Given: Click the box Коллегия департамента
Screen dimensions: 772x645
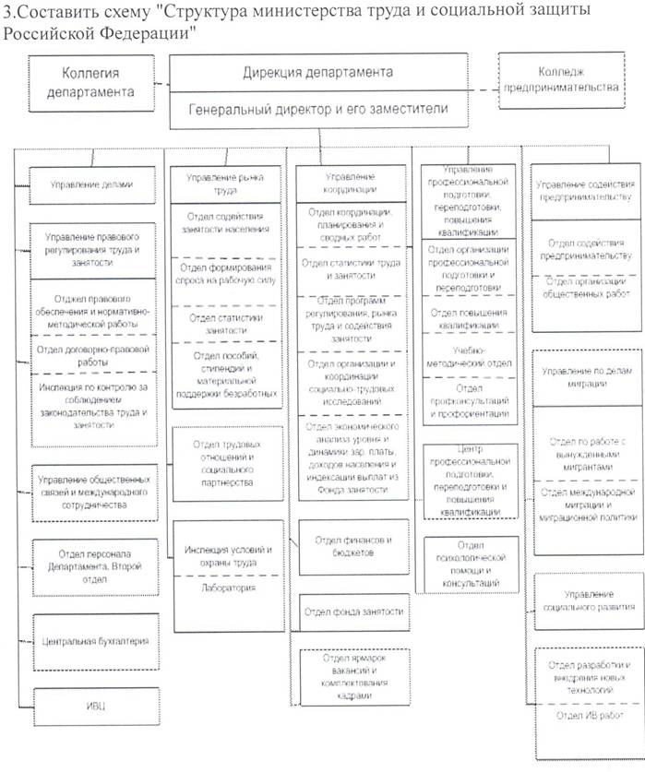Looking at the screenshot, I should pos(84,81).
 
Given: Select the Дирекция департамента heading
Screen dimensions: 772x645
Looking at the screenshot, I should pos(318,72).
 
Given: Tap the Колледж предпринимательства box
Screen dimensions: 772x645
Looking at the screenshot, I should pos(567,78).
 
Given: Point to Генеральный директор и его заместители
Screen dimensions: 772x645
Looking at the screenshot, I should pos(318,109).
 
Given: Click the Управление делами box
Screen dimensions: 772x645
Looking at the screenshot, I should pos(91,184).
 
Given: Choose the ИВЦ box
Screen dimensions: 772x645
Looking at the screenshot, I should pos(91,706).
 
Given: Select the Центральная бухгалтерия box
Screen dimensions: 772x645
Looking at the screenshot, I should pos(91,639).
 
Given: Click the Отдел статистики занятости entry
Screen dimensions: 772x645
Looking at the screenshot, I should pos(225,322).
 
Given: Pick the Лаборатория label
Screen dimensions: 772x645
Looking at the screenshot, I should pos(225,588).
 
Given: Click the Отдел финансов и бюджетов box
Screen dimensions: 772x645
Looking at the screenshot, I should pos(352,544).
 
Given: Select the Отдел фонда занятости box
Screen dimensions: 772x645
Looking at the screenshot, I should pos(352,610).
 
